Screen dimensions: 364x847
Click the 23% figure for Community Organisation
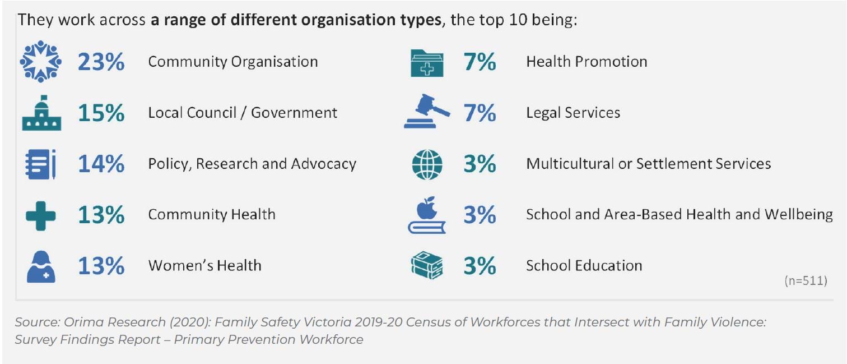101,62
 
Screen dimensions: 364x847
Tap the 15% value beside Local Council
101,113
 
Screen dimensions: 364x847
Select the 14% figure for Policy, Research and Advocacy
101,164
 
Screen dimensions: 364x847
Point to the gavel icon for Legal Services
427,113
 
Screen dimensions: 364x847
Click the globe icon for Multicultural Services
427,164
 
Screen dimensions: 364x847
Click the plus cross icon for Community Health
41,215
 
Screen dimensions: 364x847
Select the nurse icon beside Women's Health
41,266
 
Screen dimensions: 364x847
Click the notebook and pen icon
41,164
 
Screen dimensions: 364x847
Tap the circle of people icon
41,62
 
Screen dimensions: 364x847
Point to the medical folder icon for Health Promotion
427,62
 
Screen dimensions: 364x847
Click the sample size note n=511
806,281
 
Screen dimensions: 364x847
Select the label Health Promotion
587,62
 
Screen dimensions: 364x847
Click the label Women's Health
204,265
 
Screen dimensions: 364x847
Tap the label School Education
584,265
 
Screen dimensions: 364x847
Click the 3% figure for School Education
480,266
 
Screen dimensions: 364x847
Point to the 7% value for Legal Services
480,113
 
